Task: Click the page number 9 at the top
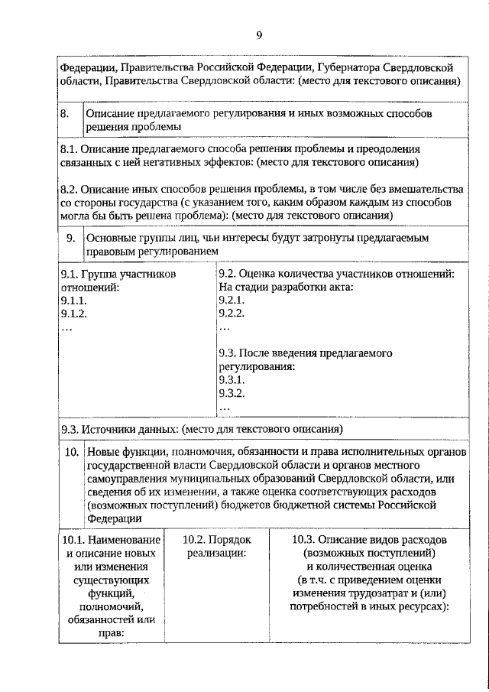point(259,35)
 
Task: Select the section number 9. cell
point(70,238)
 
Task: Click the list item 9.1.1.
point(73,301)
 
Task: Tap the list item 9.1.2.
point(73,314)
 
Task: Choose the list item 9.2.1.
point(232,301)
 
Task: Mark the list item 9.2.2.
point(232,314)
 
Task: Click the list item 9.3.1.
point(232,380)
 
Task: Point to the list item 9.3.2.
point(232,394)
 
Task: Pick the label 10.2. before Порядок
point(198,539)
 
